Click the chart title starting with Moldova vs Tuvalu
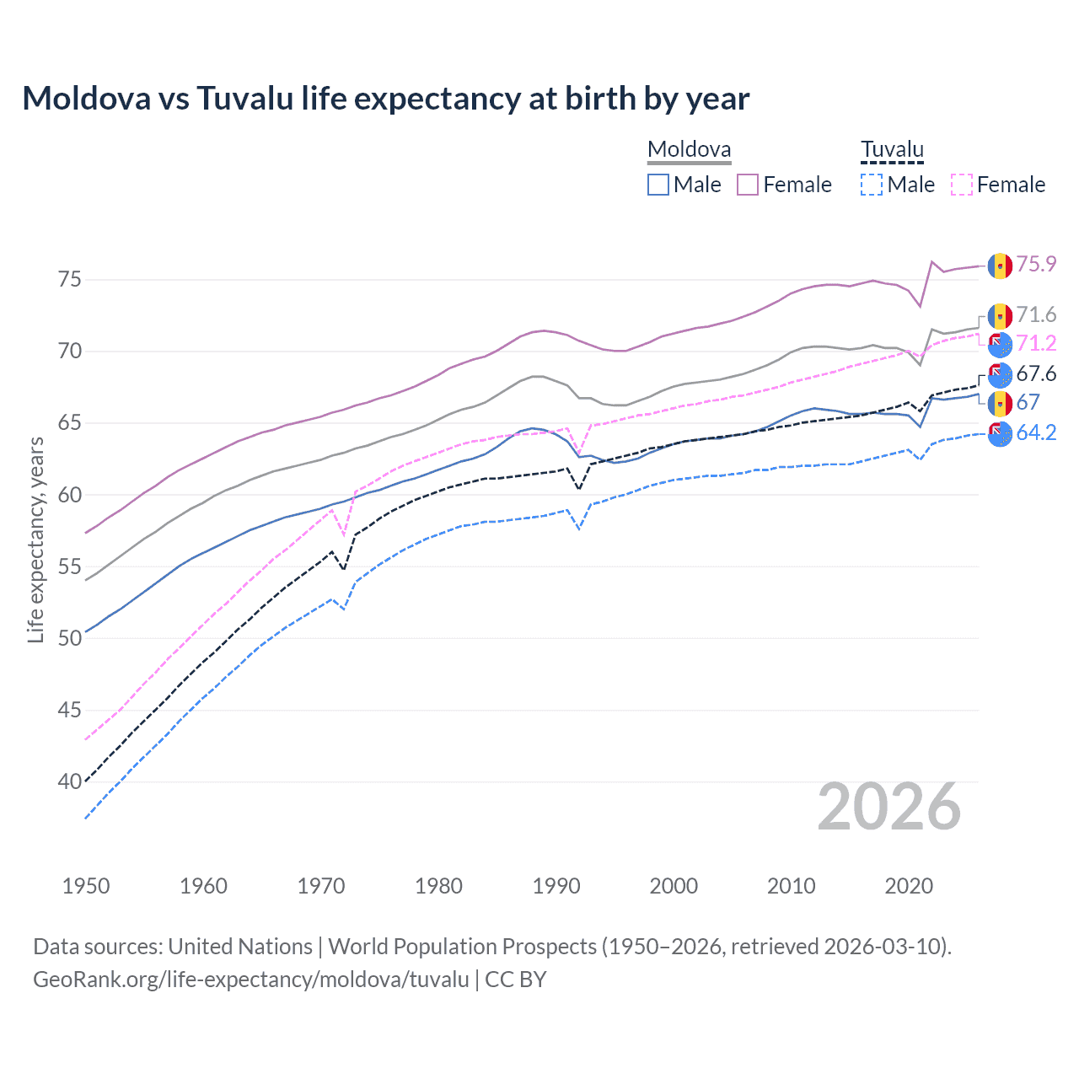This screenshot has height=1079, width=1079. click(x=385, y=99)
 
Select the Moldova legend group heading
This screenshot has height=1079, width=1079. click(x=689, y=150)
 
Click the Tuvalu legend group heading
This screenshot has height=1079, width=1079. click(x=892, y=150)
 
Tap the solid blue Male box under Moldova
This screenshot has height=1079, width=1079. click(x=658, y=185)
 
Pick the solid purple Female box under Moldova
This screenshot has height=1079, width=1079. click(x=748, y=185)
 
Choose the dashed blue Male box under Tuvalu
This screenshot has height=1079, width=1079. click(x=872, y=185)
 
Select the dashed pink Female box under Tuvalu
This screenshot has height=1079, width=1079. click(x=961, y=185)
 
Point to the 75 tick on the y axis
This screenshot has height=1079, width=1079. click(x=69, y=279)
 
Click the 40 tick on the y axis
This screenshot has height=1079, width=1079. click(x=69, y=782)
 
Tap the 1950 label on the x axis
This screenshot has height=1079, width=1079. click(x=86, y=886)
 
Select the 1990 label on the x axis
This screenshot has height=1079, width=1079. click(x=556, y=886)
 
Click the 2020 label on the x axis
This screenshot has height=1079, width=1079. click(x=909, y=886)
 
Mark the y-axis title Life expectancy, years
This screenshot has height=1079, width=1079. click(x=36, y=539)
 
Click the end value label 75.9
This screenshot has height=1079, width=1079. click(x=1036, y=265)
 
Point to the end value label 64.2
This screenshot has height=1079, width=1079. click(x=1036, y=433)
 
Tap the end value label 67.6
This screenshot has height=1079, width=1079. click(x=1036, y=374)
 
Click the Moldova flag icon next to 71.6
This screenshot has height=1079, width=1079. click(x=1000, y=316)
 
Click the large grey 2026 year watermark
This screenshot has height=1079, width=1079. click(x=888, y=807)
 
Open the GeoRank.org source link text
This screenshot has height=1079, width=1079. click(x=250, y=980)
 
